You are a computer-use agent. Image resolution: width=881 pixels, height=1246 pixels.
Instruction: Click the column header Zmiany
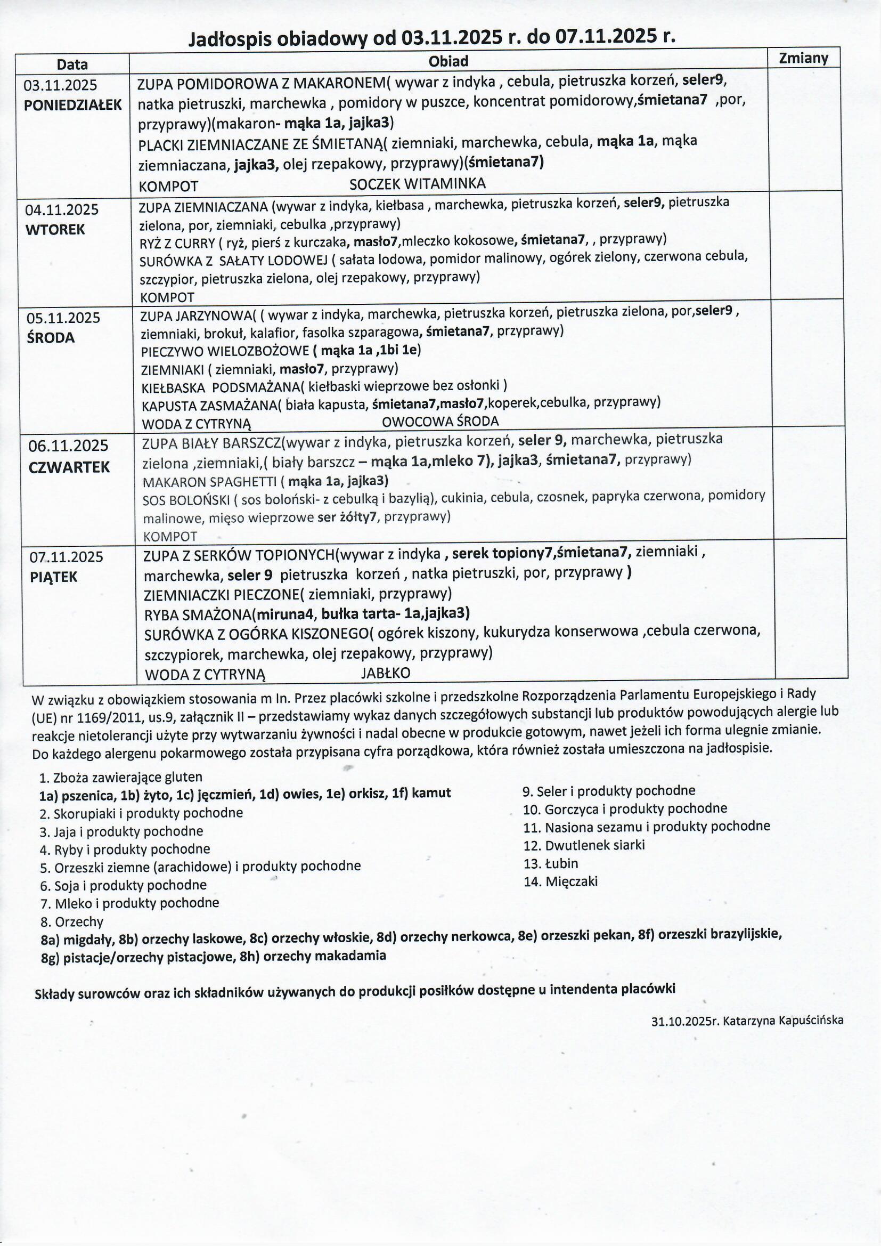pos(803,58)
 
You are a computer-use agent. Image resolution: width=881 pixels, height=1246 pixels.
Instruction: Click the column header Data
pos(72,64)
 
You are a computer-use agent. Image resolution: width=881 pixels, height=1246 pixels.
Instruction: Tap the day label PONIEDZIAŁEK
pos(72,106)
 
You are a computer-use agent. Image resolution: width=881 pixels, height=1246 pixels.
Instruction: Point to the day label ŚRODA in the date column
pos(51,337)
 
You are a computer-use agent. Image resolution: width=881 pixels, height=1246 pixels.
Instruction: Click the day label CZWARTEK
pos(69,467)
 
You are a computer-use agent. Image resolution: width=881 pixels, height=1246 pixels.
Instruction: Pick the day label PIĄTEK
pos(54,577)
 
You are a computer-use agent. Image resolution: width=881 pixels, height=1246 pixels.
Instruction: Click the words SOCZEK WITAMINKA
pos(417,184)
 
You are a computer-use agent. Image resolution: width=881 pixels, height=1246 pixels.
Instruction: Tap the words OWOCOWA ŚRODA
pos(440,421)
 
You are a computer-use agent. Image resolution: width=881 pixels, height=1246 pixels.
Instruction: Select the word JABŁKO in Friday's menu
pos(386,673)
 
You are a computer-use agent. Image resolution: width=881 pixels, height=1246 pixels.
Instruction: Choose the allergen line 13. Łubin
pos(550,863)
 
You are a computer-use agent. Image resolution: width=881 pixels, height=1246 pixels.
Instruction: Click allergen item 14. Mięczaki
pos(560,881)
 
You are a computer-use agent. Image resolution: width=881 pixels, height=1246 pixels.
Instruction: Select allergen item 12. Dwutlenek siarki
pos(583,845)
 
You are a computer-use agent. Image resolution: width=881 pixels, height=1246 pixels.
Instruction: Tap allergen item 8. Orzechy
pos(71,921)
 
